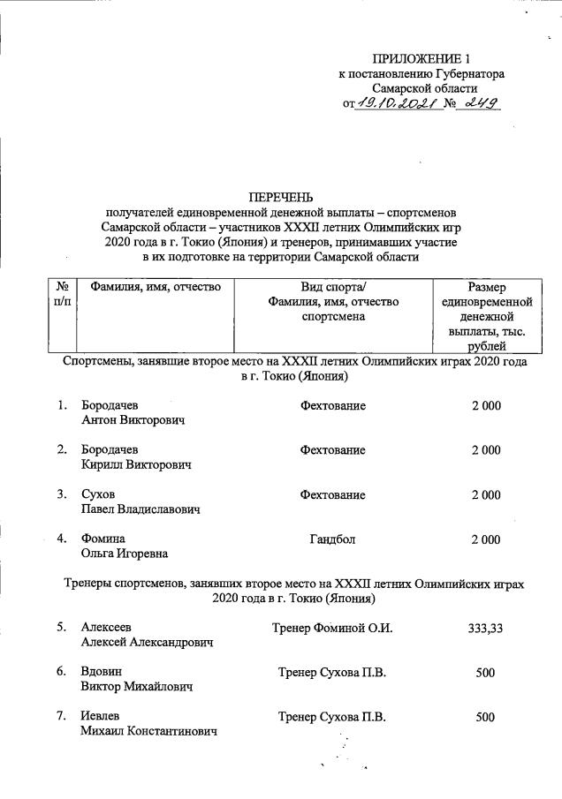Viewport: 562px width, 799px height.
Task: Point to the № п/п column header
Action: tap(62, 294)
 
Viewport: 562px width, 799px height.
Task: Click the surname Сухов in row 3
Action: tap(98, 494)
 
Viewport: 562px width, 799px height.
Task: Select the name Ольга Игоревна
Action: tap(125, 554)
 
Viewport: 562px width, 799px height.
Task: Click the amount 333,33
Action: tap(485, 628)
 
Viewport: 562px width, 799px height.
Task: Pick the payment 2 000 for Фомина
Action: tap(485, 539)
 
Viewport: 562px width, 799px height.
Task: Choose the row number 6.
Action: tap(62, 672)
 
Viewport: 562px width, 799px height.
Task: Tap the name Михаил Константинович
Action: tap(148, 732)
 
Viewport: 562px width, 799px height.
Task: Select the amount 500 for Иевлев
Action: tap(485, 717)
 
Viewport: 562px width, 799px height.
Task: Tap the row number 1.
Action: tap(62, 405)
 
